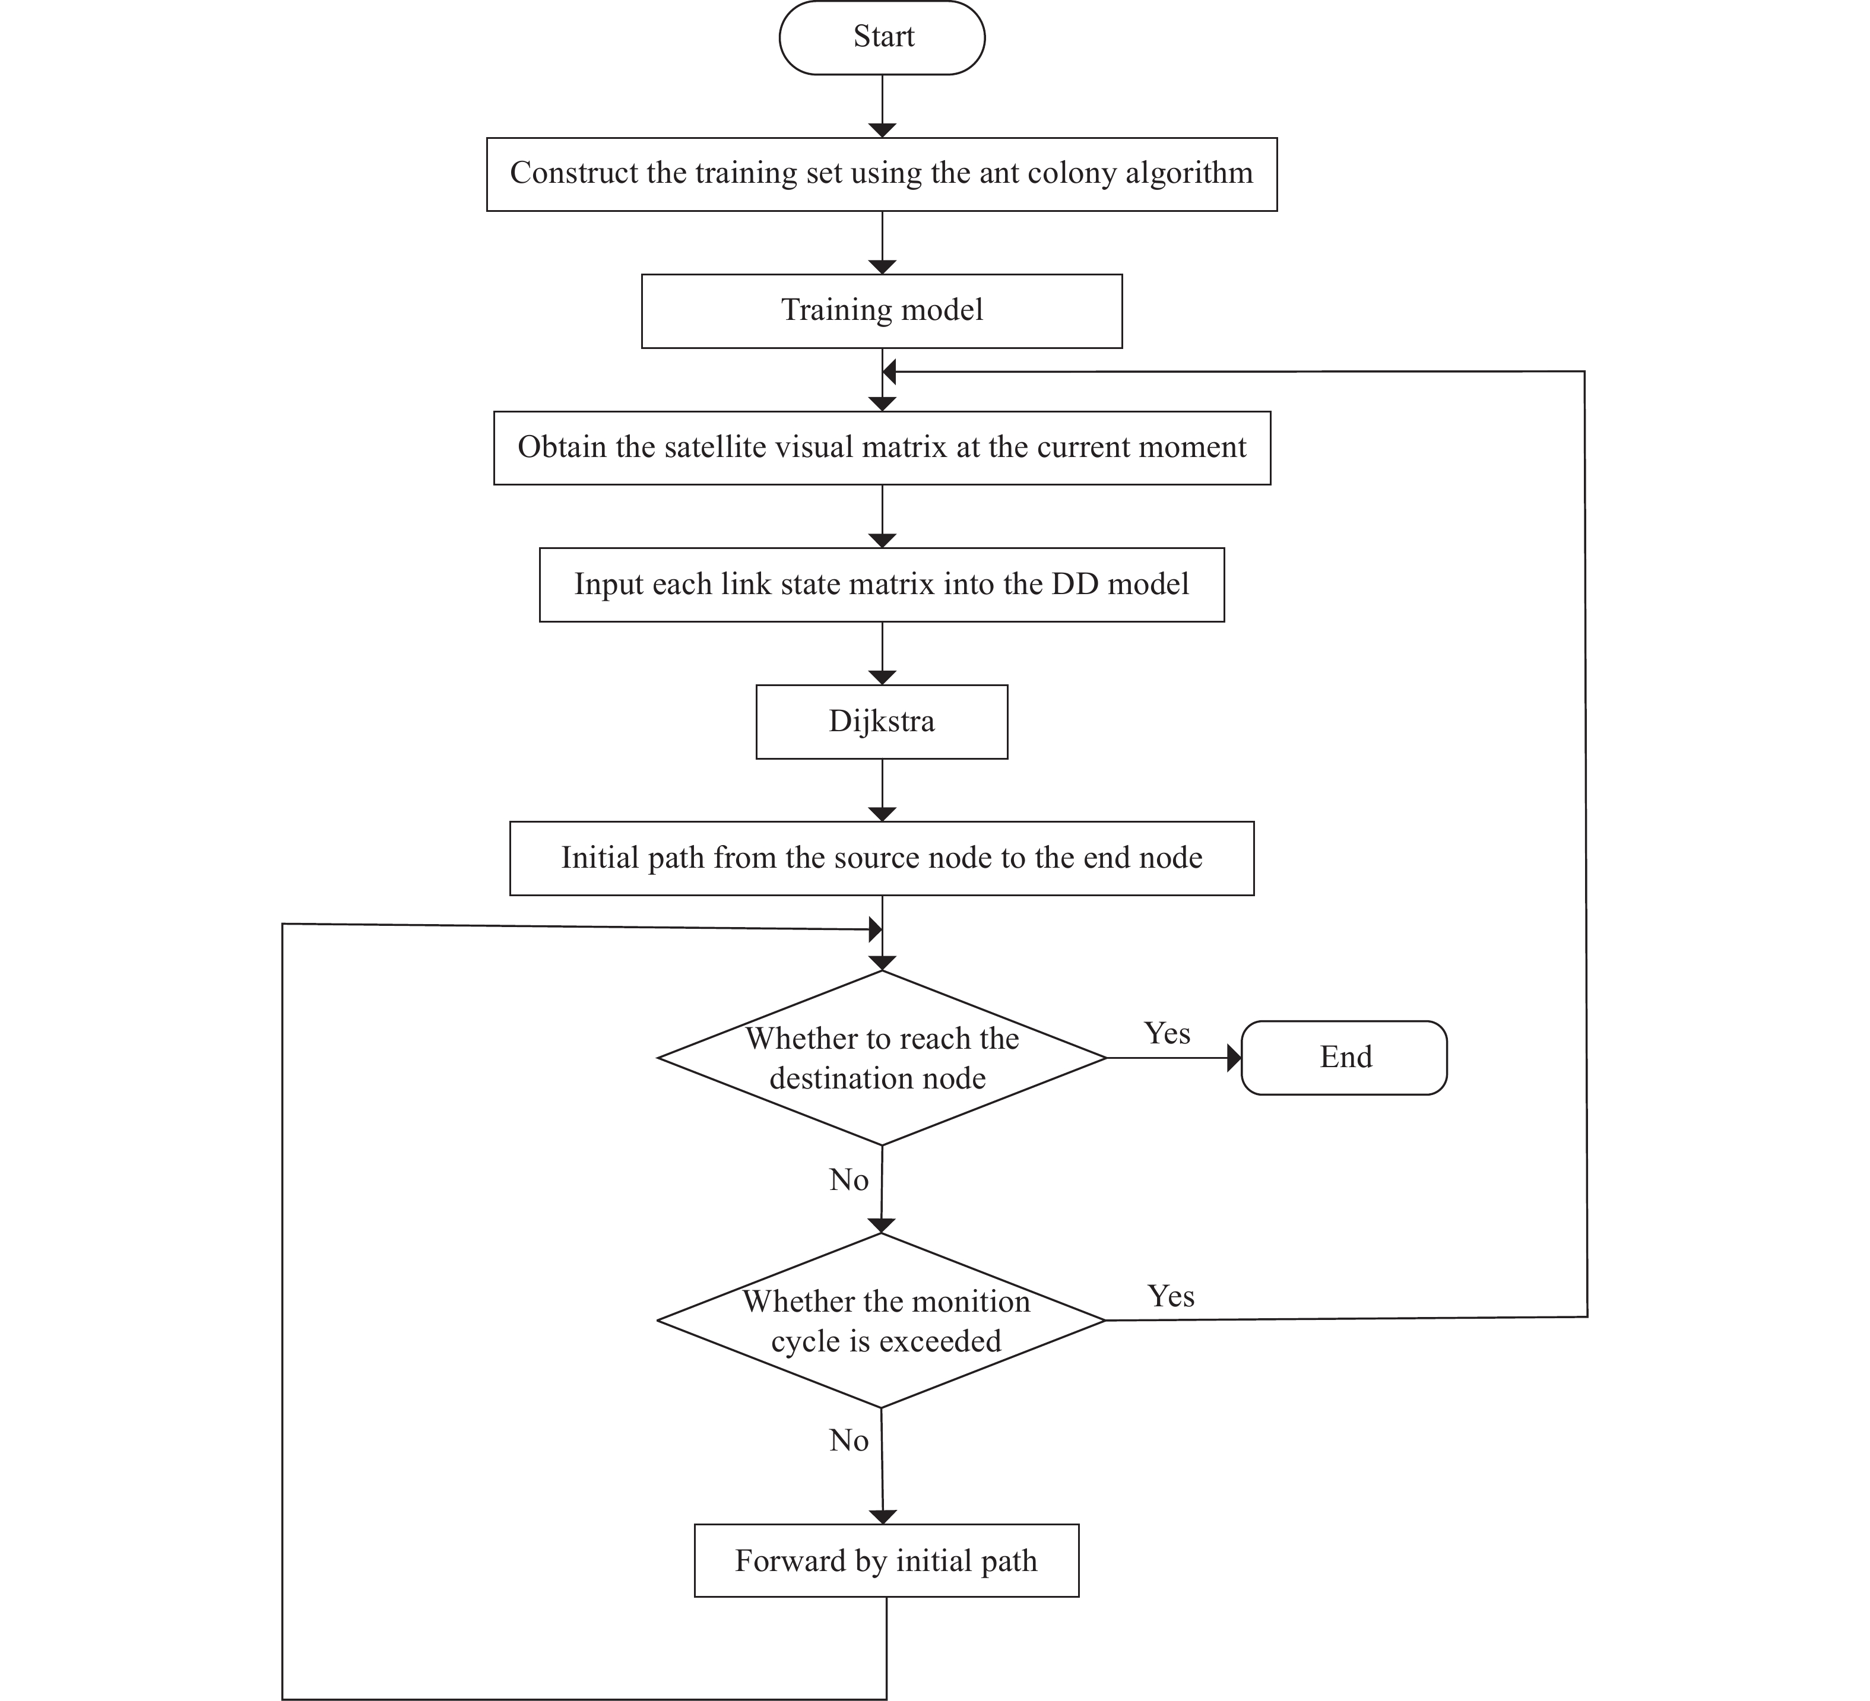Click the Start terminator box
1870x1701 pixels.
tap(881, 37)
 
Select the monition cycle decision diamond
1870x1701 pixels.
tap(881, 1320)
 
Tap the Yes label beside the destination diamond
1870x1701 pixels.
tap(1167, 1033)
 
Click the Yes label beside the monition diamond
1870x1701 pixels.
tap(1171, 1296)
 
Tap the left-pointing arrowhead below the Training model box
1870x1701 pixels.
tap(889, 372)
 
